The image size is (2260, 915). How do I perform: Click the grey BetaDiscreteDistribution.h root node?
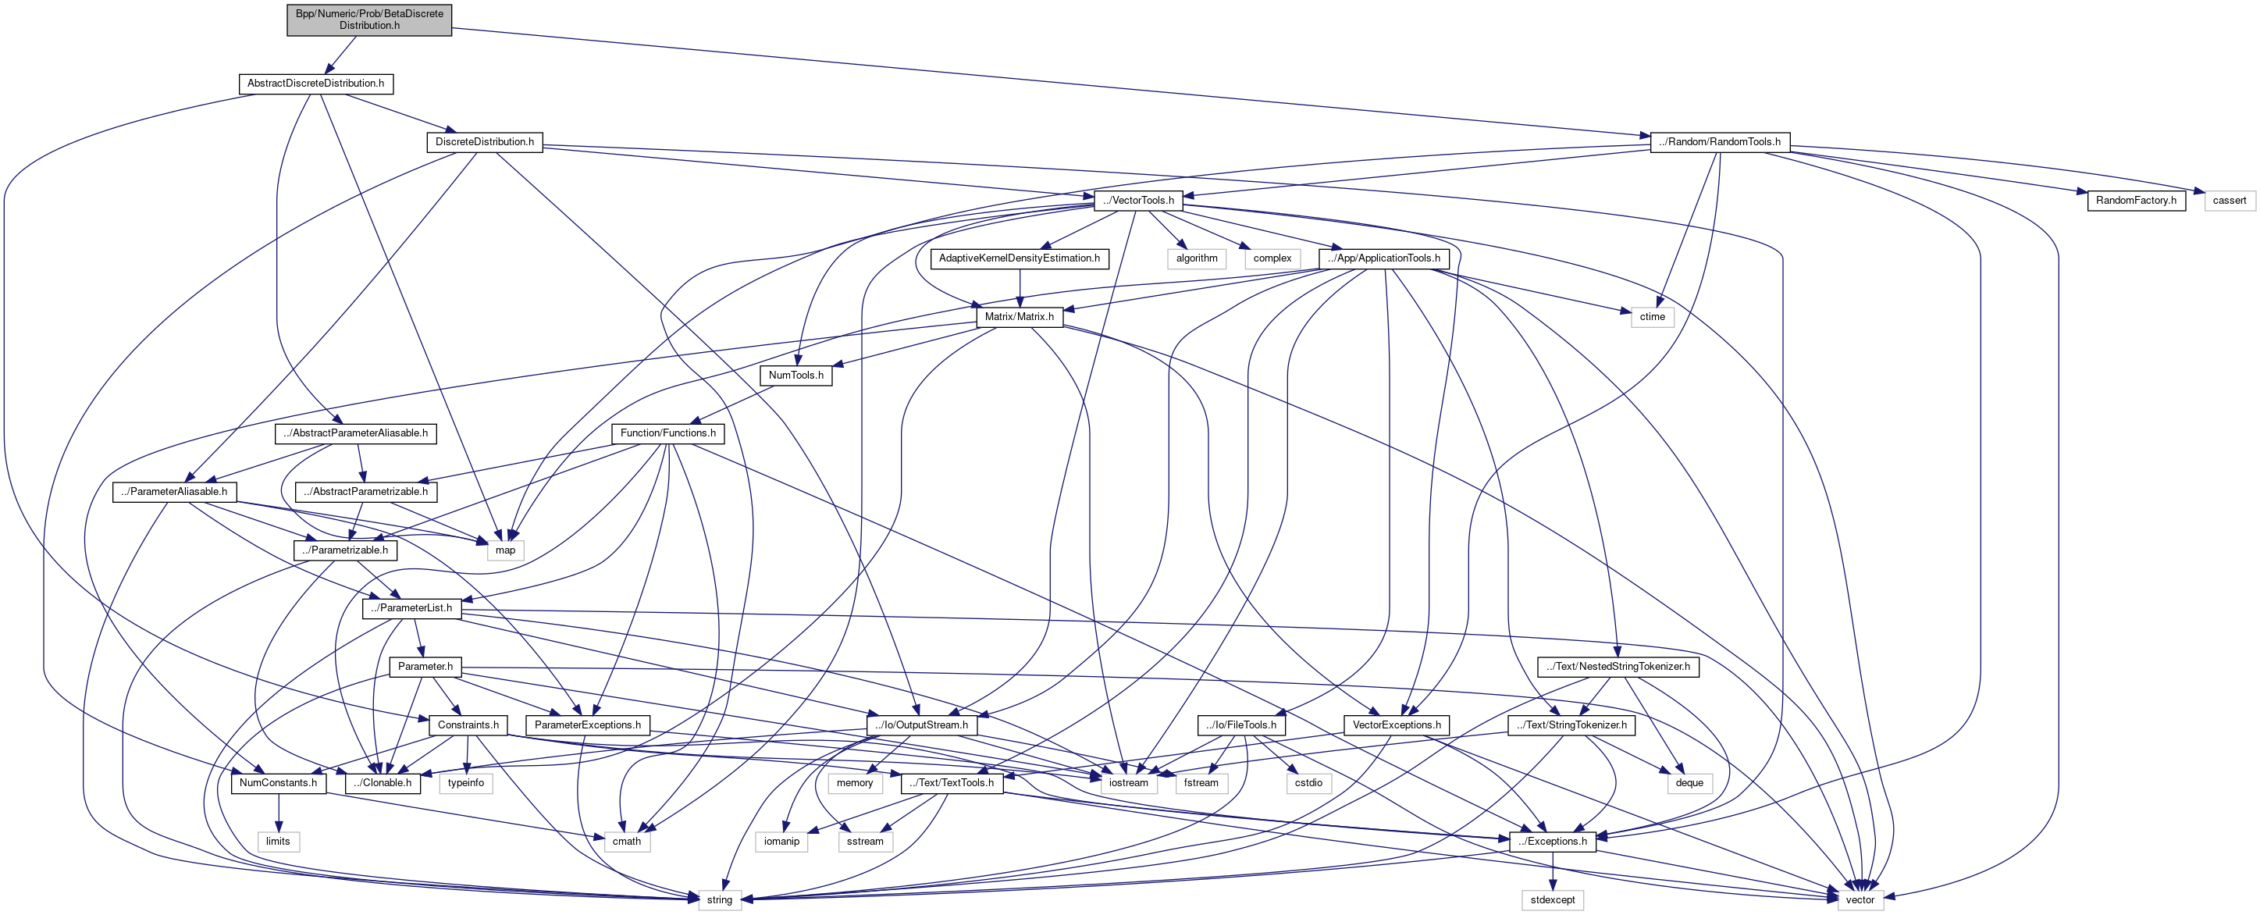tap(368, 20)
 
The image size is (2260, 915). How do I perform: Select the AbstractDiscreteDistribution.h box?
tap(315, 84)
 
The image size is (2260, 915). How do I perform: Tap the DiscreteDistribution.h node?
tap(484, 142)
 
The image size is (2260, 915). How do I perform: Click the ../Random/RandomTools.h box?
tap(1719, 142)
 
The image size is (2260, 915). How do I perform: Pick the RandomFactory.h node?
tap(2135, 201)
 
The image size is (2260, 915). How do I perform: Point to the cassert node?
tap(2229, 201)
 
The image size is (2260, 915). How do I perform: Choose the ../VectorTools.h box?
tap(1138, 201)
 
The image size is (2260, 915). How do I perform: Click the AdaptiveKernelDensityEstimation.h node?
tap(1019, 258)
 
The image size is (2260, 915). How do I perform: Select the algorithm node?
tap(1197, 258)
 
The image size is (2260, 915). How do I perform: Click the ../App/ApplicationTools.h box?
tap(1383, 258)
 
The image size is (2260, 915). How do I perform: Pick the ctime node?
tap(1652, 317)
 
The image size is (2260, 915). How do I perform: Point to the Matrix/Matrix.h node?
tap(1019, 317)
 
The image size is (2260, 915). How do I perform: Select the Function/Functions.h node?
tap(667, 433)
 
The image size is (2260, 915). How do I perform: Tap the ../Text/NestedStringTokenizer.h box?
tap(1618, 667)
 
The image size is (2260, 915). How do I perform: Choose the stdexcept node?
tap(1552, 900)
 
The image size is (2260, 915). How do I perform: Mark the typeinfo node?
tap(465, 783)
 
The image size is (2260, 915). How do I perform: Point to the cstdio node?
tap(1308, 783)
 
